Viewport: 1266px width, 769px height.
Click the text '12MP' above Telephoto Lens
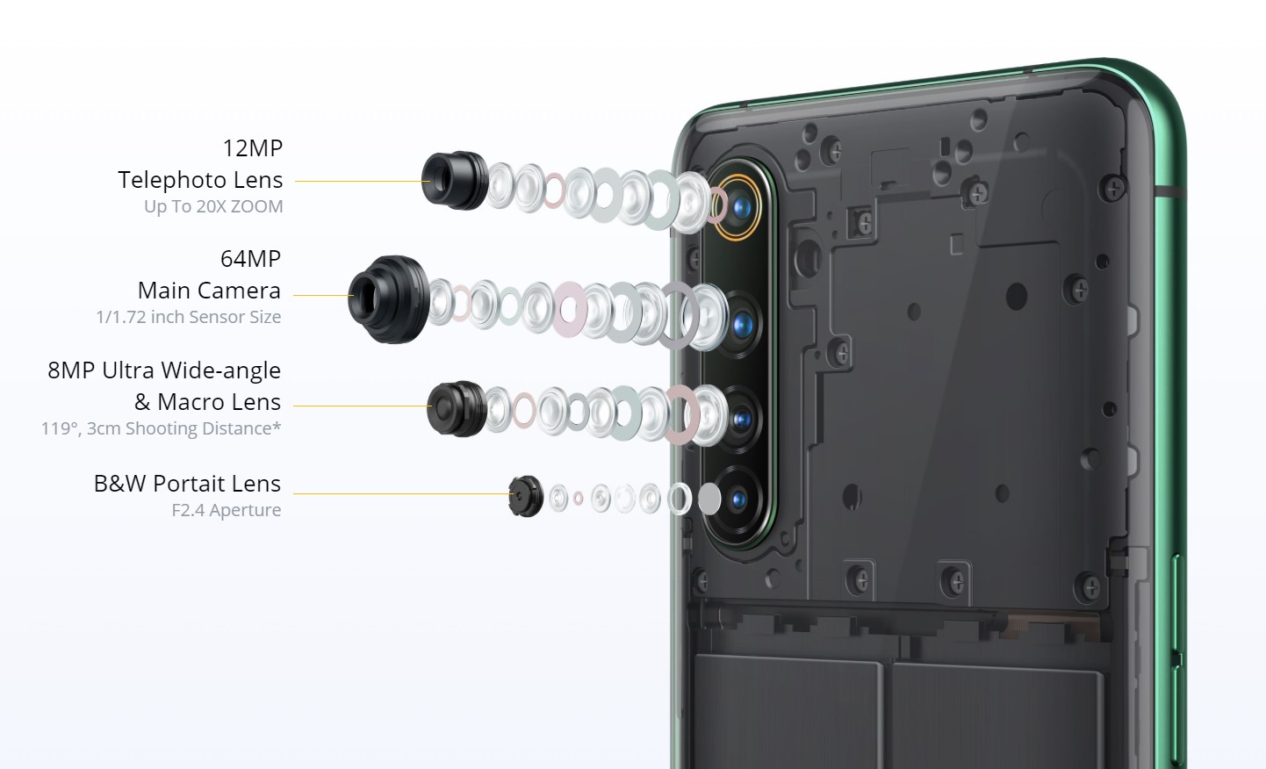click(x=252, y=148)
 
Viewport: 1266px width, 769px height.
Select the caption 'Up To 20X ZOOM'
click(x=213, y=207)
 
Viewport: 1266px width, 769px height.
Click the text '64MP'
click(x=250, y=259)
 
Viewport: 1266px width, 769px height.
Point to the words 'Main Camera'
click(x=209, y=291)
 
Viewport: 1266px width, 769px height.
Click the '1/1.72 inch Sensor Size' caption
click(x=188, y=317)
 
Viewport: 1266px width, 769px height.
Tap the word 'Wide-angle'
click(x=221, y=370)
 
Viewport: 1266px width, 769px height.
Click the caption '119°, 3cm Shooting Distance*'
click(x=161, y=428)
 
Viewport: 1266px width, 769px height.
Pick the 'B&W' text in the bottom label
click(x=119, y=484)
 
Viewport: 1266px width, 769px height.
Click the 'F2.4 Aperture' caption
click(x=227, y=510)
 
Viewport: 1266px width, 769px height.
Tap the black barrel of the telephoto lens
click(x=455, y=180)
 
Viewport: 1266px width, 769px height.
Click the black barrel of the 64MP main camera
click(x=389, y=298)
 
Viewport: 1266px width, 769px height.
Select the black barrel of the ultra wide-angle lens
click(x=457, y=408)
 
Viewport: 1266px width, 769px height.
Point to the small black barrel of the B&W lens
click(x=526, y=496)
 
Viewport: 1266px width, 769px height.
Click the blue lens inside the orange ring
click(x=742, y=208)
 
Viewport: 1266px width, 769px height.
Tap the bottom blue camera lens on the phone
click(x=738, y=499)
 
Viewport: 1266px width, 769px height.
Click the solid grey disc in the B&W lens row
click(x=710, y=499)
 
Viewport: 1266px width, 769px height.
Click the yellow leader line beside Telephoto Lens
click(x=363, y=182)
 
